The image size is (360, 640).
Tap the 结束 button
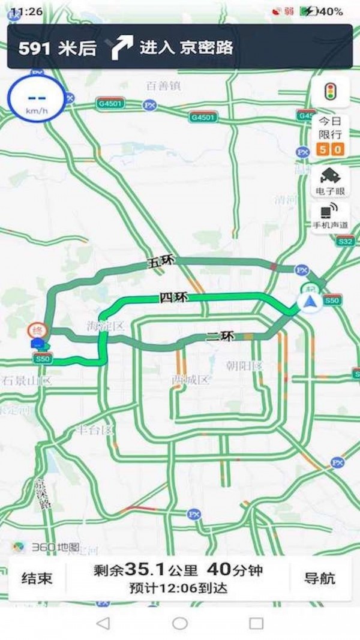pyautogui.click(x=37, y=578)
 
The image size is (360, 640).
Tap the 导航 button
pyautogui.click(x=320, y=578)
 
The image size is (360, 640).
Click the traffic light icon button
pyautogui.click(x=329, y=92)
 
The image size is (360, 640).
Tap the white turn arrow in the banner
pyautogui.click(x=122, y=47)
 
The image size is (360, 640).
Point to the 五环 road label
pyautogui.click(x=160, y=262)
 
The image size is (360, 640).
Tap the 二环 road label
pyautogui.click(x=220, y=337)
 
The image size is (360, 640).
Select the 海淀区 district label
pyautogui.click(x=105, y=326)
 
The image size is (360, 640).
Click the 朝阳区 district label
pyautogui.click(x=244, y=366)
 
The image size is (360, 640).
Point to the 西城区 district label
pyautogui.click(x=190, y=379)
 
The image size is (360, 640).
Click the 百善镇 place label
pyautogui.click(x=163, y=86)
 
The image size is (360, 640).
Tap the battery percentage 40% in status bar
pyautogui.click(x=331, y=11)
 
